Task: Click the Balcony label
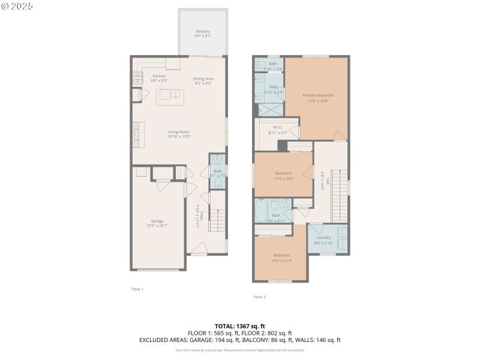(203, 31)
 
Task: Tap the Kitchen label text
(159, 76)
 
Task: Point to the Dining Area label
(203, 79)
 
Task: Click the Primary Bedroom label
(317, 95)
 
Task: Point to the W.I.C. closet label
(278, 127)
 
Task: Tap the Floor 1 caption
(137, 289)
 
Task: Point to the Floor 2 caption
(259, 297)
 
